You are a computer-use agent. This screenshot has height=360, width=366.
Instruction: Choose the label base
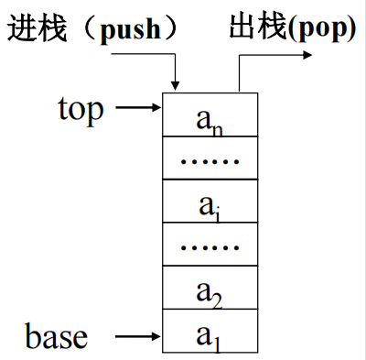(x=58, y=336)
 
